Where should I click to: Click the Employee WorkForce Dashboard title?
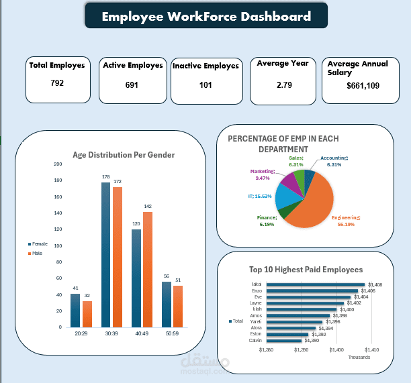206,16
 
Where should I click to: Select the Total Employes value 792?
57,83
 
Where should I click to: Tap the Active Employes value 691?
132,85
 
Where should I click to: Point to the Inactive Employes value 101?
205,85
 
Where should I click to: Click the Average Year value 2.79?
284,85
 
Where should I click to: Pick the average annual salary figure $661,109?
363,86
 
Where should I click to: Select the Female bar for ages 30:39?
105,255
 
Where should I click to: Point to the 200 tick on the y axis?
58,164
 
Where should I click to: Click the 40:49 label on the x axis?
141,333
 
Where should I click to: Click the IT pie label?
258,196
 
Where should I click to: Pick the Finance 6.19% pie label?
267,221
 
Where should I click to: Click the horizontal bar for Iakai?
316,284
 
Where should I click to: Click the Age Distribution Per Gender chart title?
124,155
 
